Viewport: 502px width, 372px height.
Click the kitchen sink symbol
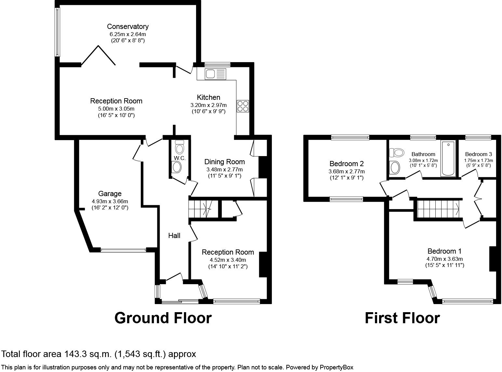(x=215, y=74)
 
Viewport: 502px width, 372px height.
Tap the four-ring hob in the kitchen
(x=243, y=106)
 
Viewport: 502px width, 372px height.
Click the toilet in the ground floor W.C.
(x=179, y=147)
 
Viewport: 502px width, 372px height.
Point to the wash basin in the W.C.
(x=177, y=167)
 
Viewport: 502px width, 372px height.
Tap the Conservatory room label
(x=128, y=26)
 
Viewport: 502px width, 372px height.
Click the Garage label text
(x=110, y=193)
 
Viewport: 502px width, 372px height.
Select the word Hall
(x=174, y=236)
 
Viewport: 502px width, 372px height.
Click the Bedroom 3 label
(x=479, y=154)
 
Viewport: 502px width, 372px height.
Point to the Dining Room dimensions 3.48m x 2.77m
(x=225, y=169)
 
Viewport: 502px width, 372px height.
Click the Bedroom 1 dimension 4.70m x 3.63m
(x=444, y=259)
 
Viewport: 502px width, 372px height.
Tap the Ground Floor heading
(x=163, y=318)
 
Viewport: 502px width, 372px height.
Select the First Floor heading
(x=403, y=318)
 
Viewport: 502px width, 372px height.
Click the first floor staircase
(x=438, y=209)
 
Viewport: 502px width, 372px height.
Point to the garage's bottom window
(x=124, y=250)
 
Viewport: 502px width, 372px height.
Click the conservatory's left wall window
(x=58, y=32)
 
